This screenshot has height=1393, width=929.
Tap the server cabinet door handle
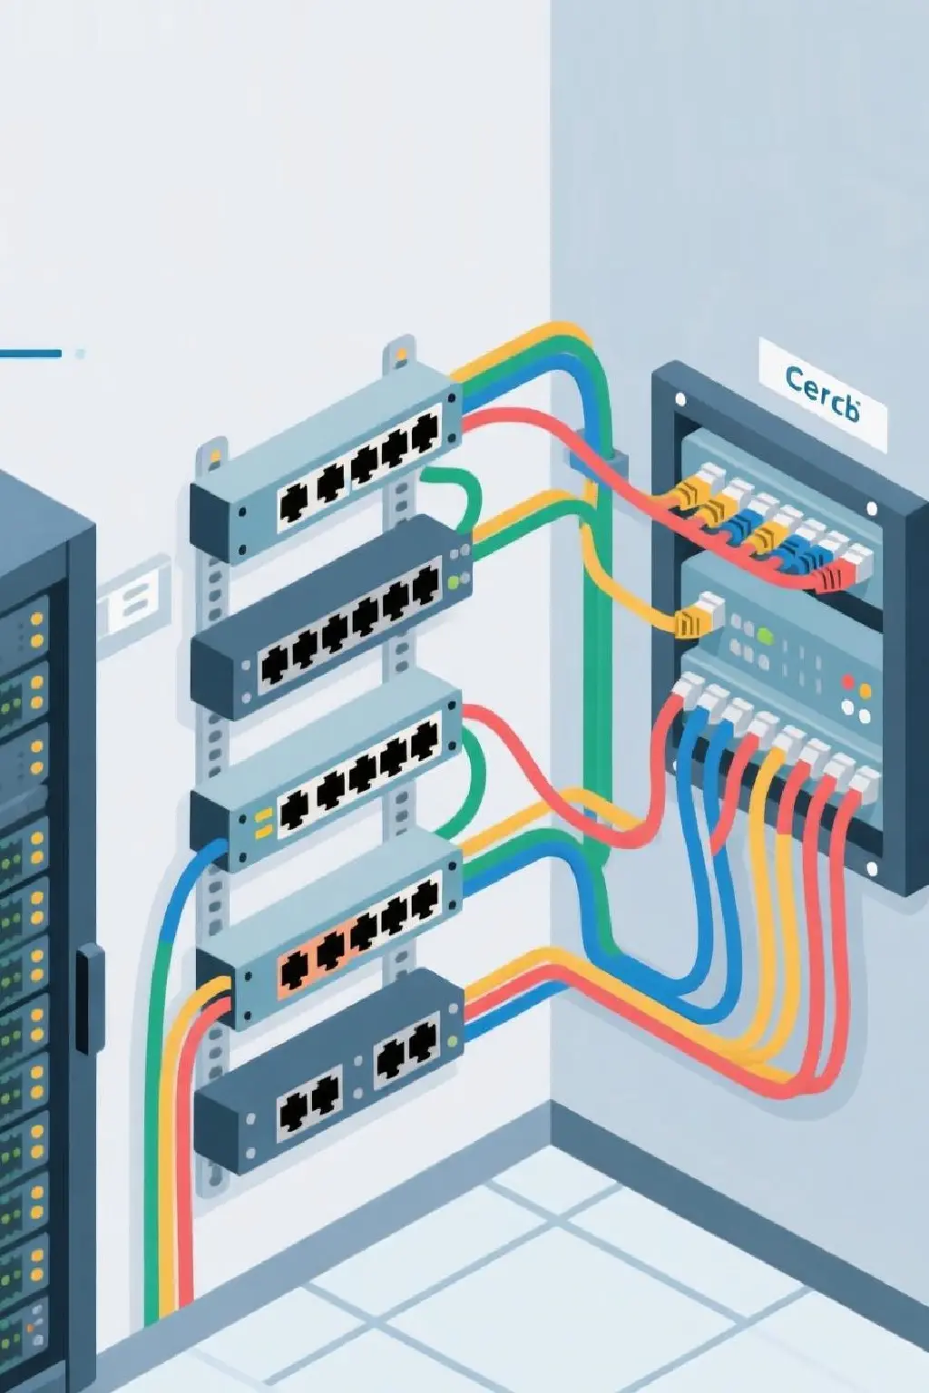(x=88, y=998)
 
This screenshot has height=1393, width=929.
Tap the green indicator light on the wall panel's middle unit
(x=765, y=636)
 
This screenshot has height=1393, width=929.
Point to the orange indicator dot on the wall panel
(x=865, y=692)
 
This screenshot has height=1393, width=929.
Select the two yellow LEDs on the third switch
(x=264, y=821)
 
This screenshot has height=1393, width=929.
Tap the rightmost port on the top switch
(x=423, y=435)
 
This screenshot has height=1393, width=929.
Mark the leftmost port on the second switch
(x=273, y=667)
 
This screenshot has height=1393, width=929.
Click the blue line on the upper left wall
(x=31, y=353)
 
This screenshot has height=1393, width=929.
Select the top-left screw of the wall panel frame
(x=679, y=397)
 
